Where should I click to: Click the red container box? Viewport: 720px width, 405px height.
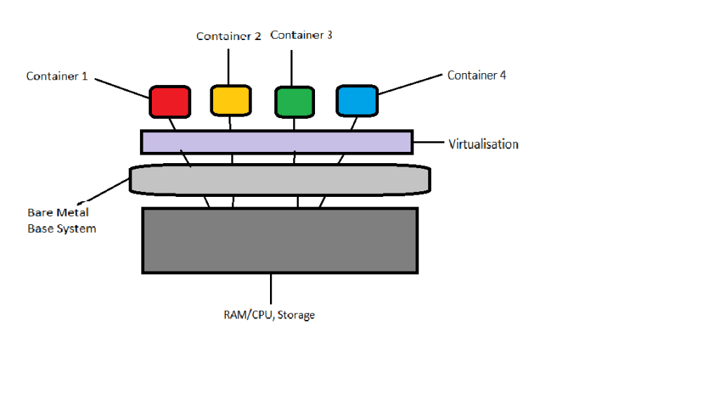point(169,101)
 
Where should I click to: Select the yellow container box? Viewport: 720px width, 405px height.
point(230,99)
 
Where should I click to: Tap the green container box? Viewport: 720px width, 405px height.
point(294,101)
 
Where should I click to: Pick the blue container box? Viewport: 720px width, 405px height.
point(357,101)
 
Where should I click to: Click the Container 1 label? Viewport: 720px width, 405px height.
point(57,76)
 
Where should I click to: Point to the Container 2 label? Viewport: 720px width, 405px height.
point(229,37)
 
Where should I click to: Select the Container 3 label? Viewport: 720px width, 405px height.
point(301,34)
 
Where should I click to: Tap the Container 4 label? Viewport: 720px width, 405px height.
point(477,75)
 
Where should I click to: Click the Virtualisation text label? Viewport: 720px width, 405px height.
point(483,144)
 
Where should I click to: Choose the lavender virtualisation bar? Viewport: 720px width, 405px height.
point(276,142)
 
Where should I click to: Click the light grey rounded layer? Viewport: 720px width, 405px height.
point(280,180)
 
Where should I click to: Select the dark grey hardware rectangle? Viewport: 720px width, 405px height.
point(280,240)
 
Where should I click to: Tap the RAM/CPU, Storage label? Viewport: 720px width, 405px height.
point(264,315)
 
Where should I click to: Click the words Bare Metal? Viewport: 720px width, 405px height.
point(58,212)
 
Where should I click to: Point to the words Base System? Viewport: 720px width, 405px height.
point(62,229)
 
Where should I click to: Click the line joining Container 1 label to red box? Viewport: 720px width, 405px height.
point(121,86)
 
